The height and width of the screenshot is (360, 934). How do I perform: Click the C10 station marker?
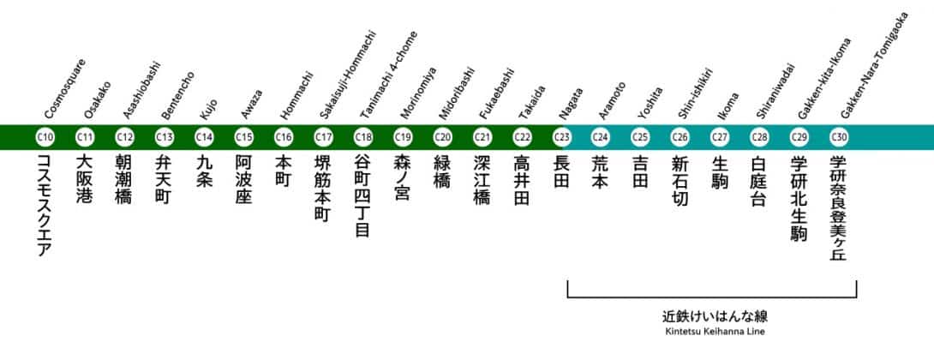tap(45, 136)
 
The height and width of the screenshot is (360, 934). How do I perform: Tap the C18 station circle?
tap(363, 136)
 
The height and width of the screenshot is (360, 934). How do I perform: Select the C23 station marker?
tap(562, 136)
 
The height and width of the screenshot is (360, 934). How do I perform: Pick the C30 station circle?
tap(840, 136)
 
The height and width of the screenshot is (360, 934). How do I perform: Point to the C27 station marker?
tap(721, 136)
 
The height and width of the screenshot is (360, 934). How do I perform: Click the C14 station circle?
tap(204, 136)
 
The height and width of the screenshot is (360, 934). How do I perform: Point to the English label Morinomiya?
tap(417, 93)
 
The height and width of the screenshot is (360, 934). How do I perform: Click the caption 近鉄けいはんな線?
tap(712, 315)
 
